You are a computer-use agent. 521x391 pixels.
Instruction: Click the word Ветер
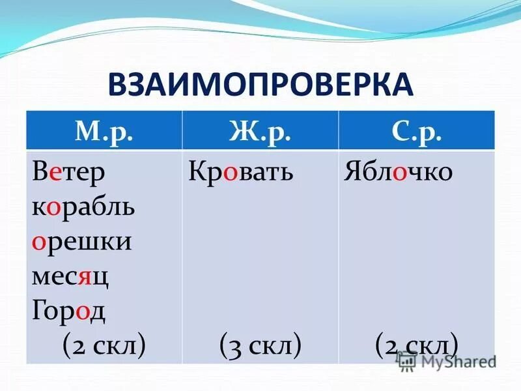(68, 172)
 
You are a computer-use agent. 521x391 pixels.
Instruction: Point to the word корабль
(83, 207)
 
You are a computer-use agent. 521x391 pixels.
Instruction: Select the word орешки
(81, 242)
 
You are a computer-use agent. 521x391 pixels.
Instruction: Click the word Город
(68, 310)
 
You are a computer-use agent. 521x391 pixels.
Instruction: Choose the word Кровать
(241, 172)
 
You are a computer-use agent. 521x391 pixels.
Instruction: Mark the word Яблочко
(398, 172)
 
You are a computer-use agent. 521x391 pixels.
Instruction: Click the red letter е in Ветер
(56, 173)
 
